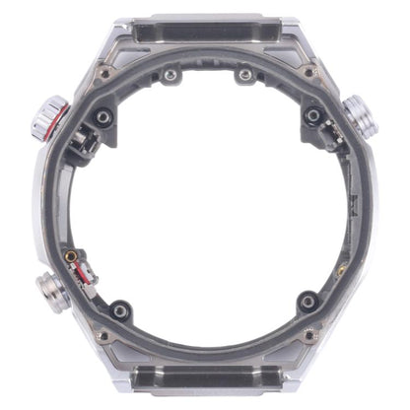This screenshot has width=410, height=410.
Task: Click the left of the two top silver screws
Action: click(171, 75)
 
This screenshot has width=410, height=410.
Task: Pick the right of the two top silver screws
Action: click(242, 75)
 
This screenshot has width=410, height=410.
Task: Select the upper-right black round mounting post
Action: click(313, 116)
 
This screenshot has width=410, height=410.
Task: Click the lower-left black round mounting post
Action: click(119, 310)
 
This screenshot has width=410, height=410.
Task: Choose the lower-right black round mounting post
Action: click(307, 301)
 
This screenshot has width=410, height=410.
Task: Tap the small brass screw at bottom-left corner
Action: click(102, 336)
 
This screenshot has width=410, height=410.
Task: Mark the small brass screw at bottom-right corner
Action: click(310, 336)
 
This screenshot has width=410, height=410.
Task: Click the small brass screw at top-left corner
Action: click(102, 72)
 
